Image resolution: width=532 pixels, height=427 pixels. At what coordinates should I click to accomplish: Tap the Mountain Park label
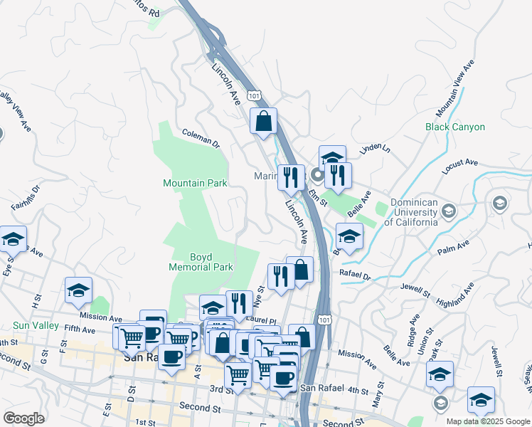point(195,184)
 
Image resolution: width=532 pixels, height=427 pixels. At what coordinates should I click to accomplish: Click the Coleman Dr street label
point(201,137)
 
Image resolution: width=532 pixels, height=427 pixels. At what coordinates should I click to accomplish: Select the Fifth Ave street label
point(79,330)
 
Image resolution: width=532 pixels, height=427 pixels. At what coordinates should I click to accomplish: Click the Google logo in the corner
point(23,418)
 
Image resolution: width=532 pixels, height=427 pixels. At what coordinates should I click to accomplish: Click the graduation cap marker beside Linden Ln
point(331,158)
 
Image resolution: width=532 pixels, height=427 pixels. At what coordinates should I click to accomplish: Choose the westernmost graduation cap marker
point(13,240)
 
